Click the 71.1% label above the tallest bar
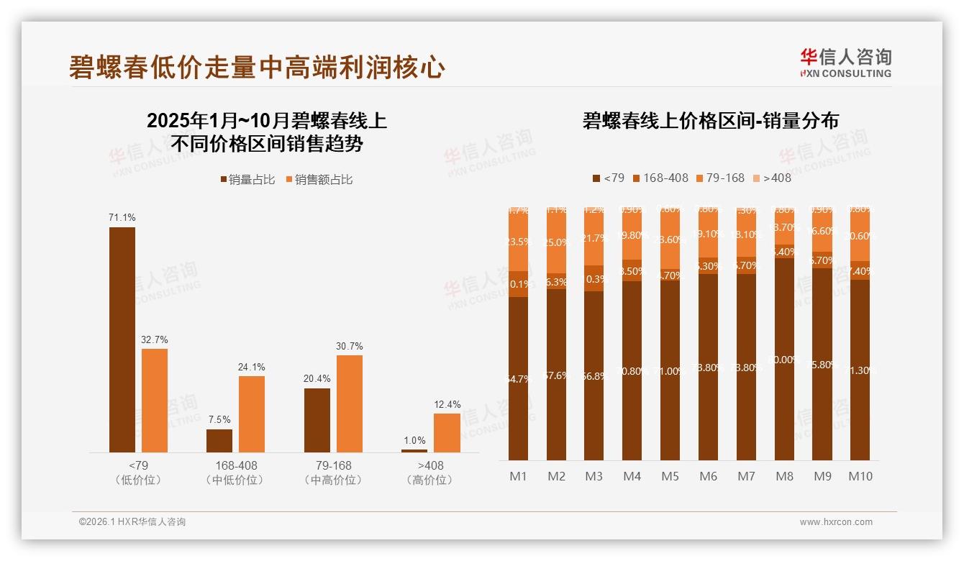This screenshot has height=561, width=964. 122,217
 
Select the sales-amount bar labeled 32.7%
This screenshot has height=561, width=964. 155,400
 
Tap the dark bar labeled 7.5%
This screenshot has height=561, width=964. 219,440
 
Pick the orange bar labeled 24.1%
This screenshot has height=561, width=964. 252,414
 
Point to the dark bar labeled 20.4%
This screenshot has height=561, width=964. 317,420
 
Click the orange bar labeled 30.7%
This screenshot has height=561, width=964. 350,403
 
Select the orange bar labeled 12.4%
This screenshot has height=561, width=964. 447,432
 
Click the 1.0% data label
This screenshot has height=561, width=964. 415,440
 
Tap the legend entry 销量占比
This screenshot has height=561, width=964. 247,180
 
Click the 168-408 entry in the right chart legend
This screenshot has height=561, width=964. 660,178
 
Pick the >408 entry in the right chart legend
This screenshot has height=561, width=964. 771,178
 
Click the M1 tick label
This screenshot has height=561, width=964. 519,476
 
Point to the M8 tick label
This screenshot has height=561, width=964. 784,476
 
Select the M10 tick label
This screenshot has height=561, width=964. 860,476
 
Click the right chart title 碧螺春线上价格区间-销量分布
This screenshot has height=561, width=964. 710,121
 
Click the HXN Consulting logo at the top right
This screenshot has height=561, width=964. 845,63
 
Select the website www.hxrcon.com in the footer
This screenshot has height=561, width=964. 836,522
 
